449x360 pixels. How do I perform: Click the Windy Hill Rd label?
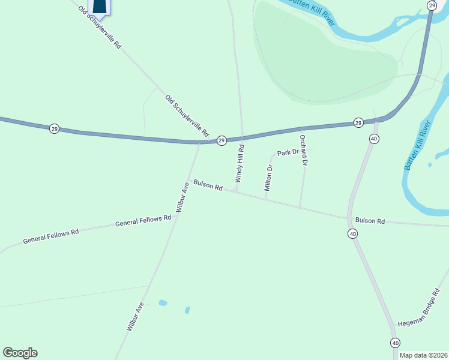click(x=240, y=163)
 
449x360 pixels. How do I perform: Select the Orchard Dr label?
click(x=304, y=150)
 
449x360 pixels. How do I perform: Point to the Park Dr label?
click(x=288, y=152)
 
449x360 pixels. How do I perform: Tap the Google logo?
click(x=20, y=353)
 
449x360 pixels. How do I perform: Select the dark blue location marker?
click(x=100, y=6)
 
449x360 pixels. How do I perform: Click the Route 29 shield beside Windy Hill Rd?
click(x=221, y=140)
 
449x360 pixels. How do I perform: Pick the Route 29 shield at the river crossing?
click(x=432, y=5)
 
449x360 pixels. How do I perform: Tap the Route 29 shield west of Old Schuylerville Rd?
click(x=54, y=129)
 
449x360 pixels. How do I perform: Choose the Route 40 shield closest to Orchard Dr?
click(x=374, y=139)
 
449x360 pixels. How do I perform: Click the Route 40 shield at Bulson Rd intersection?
click(x=352, y=233)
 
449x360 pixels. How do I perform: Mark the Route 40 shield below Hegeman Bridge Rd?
click(x=394, y=343)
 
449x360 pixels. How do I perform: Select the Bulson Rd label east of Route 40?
click(x=369, y=221)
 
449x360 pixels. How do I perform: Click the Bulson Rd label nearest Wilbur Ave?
click(x=208, y=185)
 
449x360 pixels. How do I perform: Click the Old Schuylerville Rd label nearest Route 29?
click(x=187, y=115)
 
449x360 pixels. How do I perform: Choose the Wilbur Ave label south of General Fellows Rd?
click(x=135, y=317)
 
